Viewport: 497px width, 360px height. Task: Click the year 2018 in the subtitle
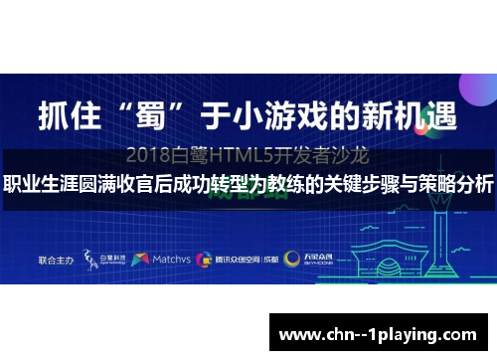point(153,156)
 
